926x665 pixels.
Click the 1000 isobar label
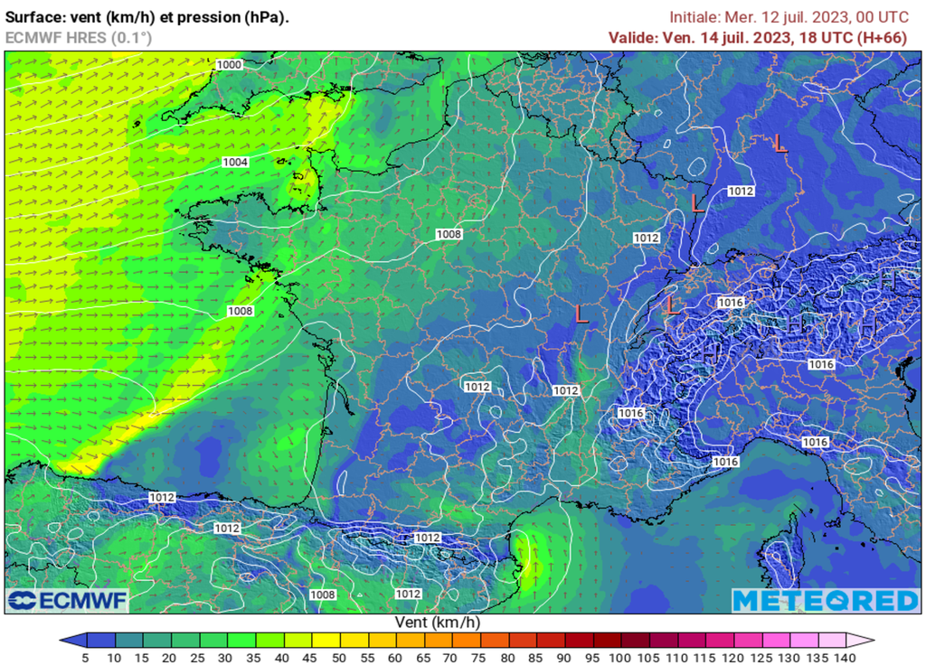pos(230,65)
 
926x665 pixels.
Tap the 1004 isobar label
pos(235,162)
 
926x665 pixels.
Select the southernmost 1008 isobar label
pos(323,595)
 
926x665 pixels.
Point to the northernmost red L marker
pos(780,143)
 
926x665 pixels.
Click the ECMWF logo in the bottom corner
pos(67,601)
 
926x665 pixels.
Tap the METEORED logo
pos(825,601)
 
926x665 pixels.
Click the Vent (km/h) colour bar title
pos(438,623)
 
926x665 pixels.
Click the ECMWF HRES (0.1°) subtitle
pos(79,37)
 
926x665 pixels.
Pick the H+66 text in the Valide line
pos(883,37)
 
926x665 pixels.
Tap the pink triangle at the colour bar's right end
pos(866,641)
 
